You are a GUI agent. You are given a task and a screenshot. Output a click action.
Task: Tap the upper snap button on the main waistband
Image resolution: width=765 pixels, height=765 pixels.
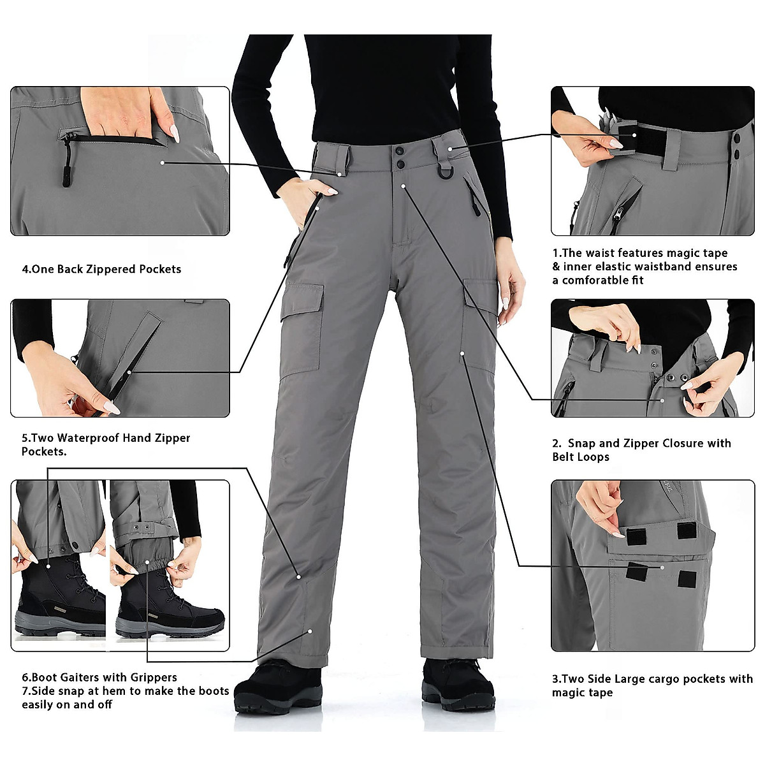400,151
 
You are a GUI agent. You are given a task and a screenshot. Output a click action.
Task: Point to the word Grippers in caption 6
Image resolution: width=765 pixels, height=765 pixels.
153,678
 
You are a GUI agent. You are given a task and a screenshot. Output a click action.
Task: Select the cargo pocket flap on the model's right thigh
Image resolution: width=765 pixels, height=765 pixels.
301,303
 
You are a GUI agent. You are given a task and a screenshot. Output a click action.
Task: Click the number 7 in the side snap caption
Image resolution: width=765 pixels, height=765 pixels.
25,691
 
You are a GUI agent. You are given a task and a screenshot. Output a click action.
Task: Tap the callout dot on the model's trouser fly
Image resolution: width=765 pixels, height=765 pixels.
404,186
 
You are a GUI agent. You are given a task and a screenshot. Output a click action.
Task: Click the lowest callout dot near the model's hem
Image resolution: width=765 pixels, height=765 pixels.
310,631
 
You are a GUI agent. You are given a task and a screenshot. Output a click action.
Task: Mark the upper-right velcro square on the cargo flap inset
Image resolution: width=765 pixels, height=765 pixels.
687,530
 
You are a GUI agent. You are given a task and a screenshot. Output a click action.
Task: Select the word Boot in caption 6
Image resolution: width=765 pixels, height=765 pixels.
45,678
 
